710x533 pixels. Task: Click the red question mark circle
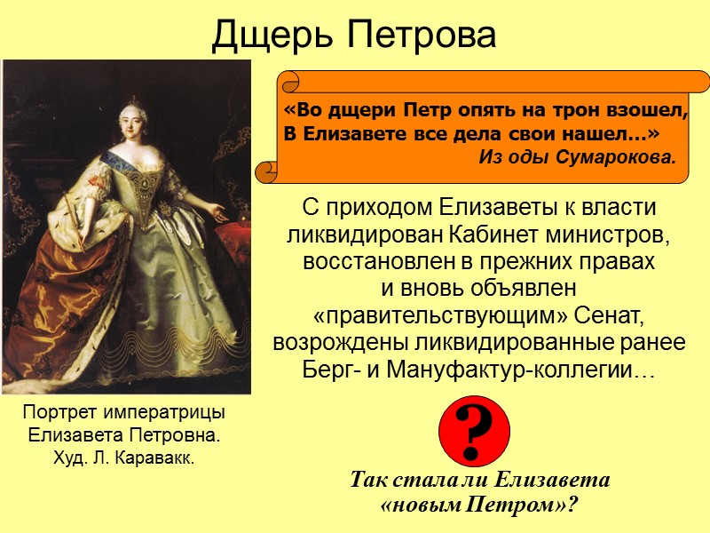coord(474,431)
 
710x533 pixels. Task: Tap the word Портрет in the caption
coord(61,414)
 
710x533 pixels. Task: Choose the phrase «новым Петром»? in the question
coord(479,504)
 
